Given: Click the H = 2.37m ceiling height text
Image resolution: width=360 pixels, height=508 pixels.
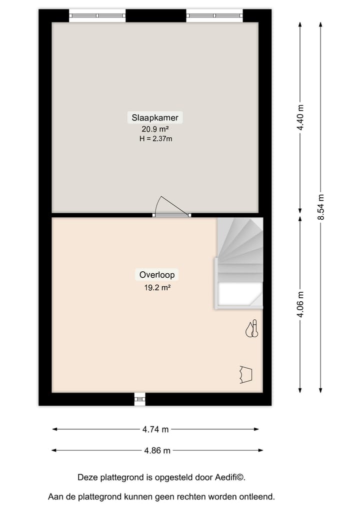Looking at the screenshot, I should [155, 139].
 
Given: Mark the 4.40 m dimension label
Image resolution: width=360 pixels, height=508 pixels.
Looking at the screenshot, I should [300, 118].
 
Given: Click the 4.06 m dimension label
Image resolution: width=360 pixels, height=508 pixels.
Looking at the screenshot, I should [300, 304].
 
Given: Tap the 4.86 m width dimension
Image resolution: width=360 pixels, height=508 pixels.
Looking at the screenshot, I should [157, 451].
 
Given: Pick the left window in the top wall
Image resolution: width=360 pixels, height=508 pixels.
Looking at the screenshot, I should [97, 15].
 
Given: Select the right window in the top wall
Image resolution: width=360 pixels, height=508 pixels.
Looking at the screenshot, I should [214, 15].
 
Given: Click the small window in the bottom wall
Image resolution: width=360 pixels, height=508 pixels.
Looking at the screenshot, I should [139, 399].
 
